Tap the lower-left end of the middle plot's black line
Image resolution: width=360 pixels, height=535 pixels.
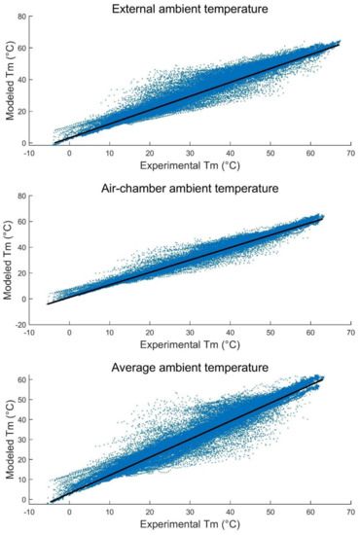click(x=48, y=303)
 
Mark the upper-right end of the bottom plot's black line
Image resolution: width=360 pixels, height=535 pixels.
click(x=323, y=376)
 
